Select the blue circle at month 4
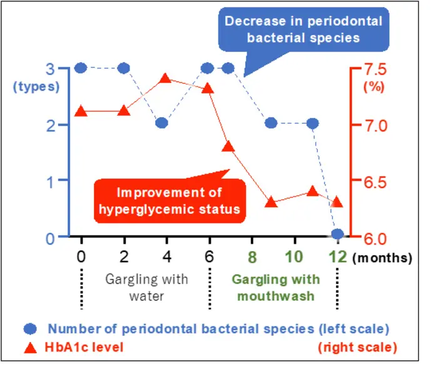pos(161,123)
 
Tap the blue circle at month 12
pos(338,234)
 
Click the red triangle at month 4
pos(166,78)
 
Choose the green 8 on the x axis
pos(252,257)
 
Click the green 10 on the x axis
pos(294,257)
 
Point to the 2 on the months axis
pos(124,257)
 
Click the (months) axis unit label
pos(382,257)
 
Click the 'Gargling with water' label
pos(146,287)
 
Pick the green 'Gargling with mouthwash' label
pos(275,287)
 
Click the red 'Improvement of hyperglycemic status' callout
pos(170,200)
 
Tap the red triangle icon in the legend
pos(32,346)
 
